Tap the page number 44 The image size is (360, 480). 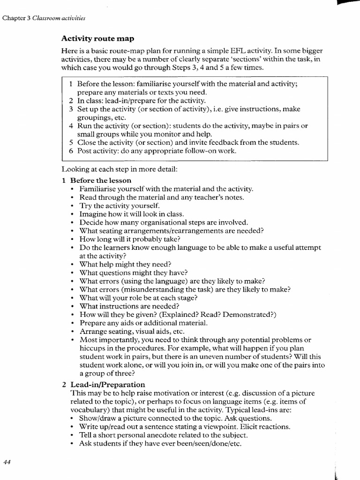[x=7, y=462]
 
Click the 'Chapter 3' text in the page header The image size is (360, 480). [x=16, y=18]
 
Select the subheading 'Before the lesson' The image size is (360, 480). [x=101, y=180]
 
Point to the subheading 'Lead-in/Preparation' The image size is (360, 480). [x=108, y=384]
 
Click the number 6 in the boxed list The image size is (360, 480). [x=70, y=151]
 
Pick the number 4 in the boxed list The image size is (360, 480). [x=70, y=126]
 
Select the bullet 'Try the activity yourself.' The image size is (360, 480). [x=120, y=205]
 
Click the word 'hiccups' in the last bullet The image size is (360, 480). [x=92, y=348]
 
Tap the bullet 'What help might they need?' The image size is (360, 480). [x=125, y=264]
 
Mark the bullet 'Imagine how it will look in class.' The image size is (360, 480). [x=132, y=214]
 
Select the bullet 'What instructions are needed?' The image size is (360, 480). [x=129, y=306]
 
